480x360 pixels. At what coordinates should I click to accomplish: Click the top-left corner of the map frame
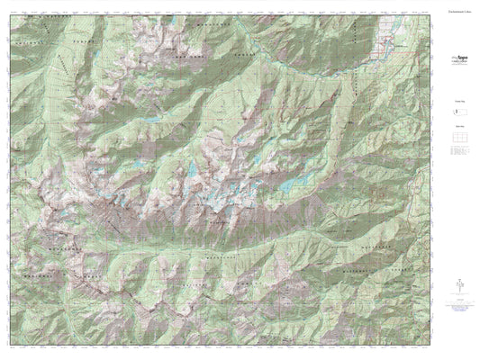[11, 13]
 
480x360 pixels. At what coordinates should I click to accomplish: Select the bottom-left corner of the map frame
[11, 346]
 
